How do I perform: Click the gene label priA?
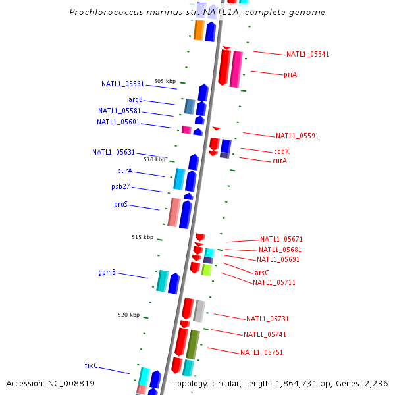coord(290,74)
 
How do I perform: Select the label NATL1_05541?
coord(307,54)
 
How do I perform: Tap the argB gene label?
coord(136,99)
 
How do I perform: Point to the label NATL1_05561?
coord(122,84)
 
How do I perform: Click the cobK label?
coord(282,151)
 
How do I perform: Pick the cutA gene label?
coord(280,161)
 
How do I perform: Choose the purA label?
coord(124,171)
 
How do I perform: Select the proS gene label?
coord(120,204)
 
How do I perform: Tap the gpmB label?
coord(107,271)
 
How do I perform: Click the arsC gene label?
coord(262,273)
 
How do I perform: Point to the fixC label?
coord(91,365)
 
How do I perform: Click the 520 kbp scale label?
coord(129,315)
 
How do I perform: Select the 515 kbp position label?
coord(142,237)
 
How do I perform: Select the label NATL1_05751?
coord(261,352)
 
